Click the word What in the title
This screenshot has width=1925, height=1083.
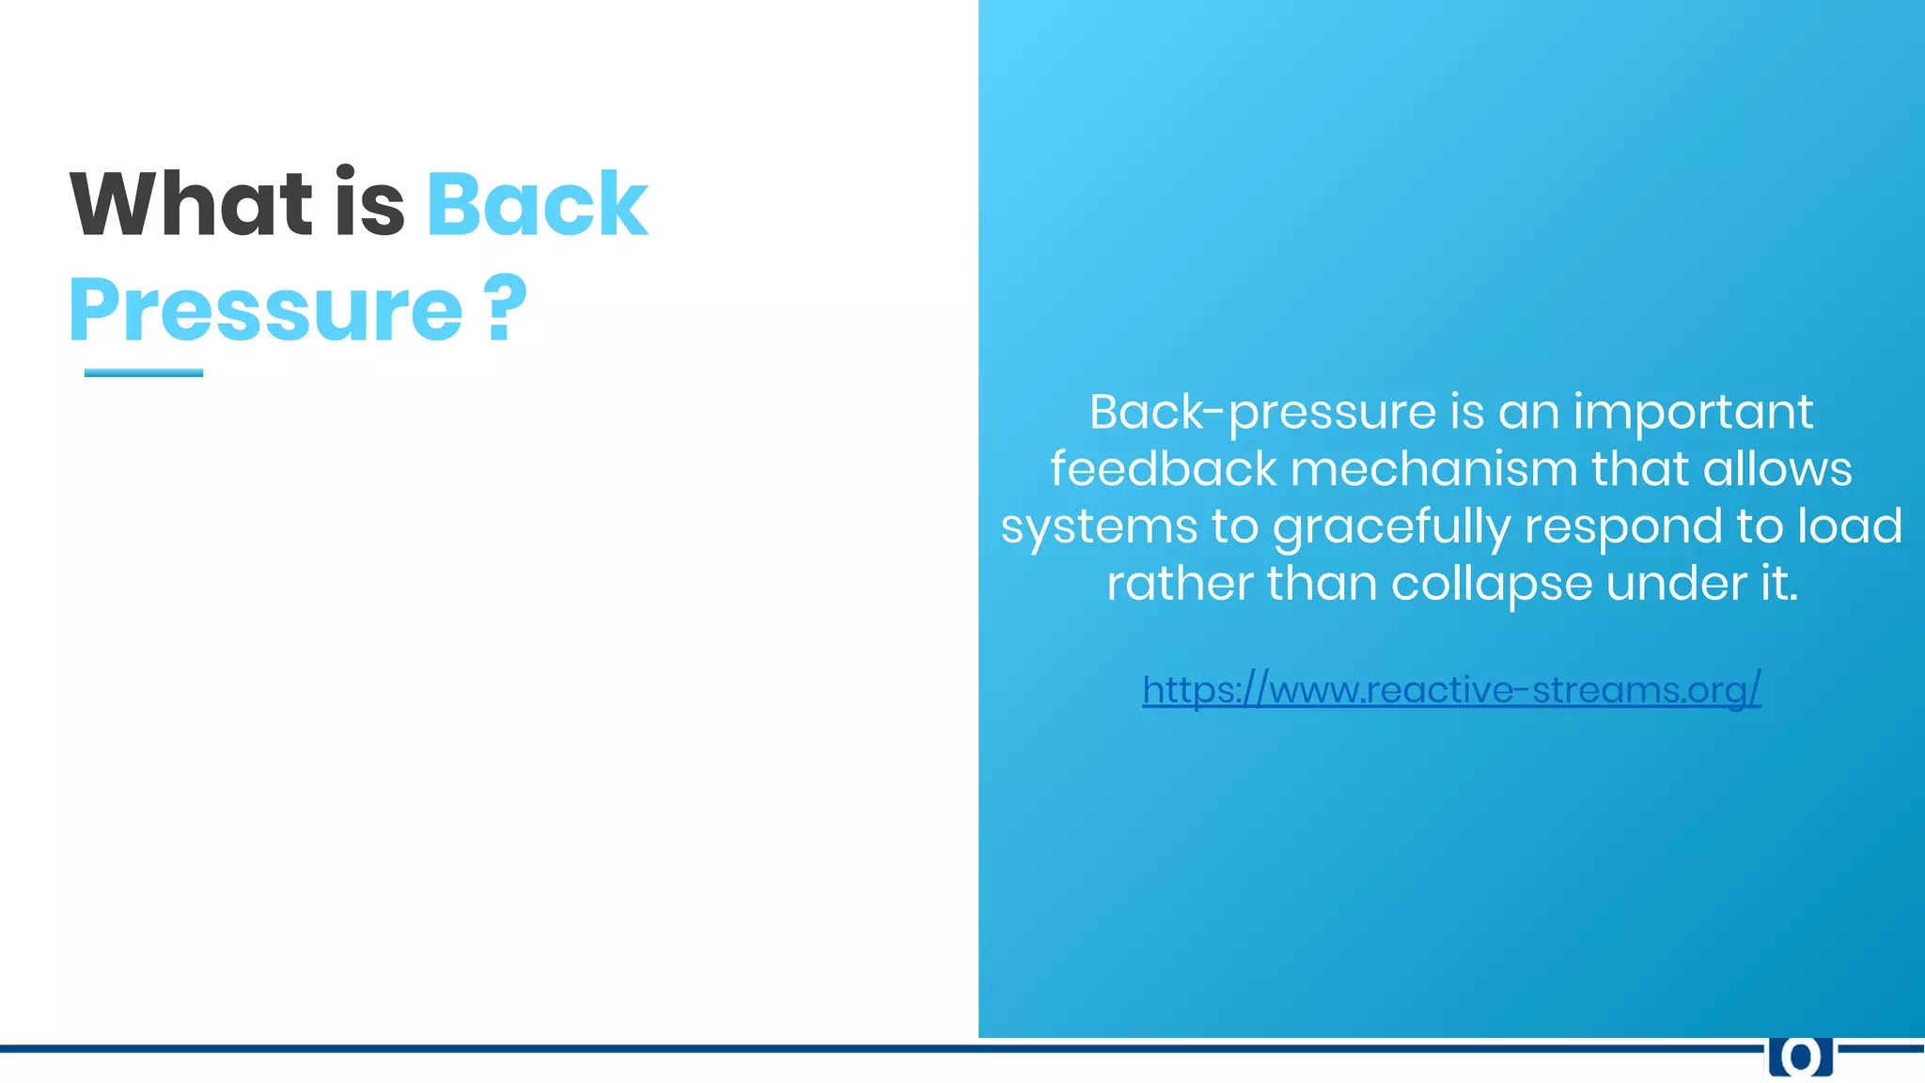pyautogui.click(x=191, y=204)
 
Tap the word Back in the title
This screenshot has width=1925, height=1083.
pyautogui.click(x=537, y=204)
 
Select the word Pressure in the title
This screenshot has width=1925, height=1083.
pyautogui.click(x=266, y=310)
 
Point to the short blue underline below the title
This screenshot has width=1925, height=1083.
pyautogui.click(x=144, y=373)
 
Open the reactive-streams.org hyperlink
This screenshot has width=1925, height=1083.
pyautogui.click(x=1451, y=690)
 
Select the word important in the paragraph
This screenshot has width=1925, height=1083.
pyautogui.click(x=1693, y=413)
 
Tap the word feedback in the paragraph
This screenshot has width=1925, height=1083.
pyautogui.click(x=1163, y=469)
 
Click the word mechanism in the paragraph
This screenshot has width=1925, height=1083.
pyautogui.click(x=1433, y=469)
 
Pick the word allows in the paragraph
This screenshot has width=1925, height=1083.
pyautogui.click(x=1776, y=469)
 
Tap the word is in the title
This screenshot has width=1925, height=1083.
pyautogui.click(x=369, y=204)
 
